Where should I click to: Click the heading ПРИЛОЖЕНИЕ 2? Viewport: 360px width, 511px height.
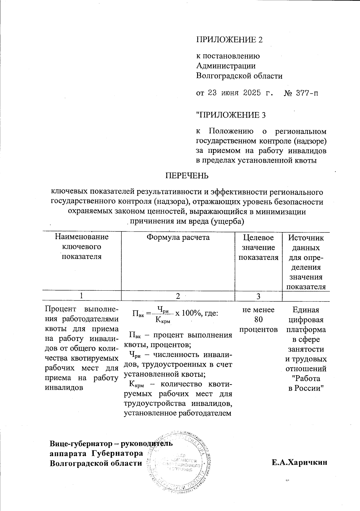point(229,40)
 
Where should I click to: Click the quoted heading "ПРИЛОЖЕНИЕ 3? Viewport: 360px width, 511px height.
point(231,115)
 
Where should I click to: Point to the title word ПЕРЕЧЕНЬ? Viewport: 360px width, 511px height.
point(187,176)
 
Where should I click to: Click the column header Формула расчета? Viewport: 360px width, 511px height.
point(178,237)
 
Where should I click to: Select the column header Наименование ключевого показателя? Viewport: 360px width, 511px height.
point(82,247)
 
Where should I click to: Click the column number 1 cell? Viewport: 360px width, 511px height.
point(81,296)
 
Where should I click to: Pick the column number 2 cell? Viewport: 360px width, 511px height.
point(178,296)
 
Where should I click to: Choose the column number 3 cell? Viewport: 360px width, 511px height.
point(258,296)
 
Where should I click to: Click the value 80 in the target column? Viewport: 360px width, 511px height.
point(258,319)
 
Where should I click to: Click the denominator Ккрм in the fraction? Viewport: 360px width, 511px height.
point(163,320)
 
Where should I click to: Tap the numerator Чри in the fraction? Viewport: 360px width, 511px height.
point(163,309)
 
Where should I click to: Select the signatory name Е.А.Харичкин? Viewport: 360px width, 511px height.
point(299,463)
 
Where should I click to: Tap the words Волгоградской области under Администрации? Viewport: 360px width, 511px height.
point(239,76)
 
